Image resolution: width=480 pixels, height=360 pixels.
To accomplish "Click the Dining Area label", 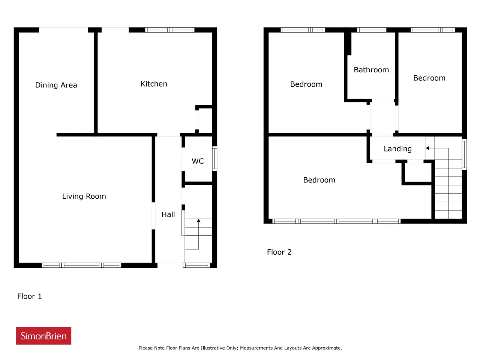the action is [x=56, y=85].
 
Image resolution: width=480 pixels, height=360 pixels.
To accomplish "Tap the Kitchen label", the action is [x=153, y=84].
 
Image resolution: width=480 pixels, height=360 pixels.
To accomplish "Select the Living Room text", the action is [x=84, y=196].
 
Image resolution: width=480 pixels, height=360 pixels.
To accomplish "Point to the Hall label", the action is [x=168, y=214].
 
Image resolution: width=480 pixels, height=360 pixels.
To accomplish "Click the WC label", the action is [x=198, y=161].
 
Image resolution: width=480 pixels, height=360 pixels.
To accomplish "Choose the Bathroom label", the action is [x=371, y=70].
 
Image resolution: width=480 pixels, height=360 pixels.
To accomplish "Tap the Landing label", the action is [x=397, y=148].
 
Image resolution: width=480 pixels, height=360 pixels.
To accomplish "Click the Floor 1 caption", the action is [x=29, y=296].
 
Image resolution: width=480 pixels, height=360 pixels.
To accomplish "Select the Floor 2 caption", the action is [x=279, y=252].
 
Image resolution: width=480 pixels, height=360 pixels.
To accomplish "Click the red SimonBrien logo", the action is [x=43, y=336].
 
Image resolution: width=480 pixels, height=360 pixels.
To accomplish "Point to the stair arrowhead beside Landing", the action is [x=427, y=148].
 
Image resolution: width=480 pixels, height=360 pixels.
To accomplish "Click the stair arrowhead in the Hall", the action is [x=198, y=220].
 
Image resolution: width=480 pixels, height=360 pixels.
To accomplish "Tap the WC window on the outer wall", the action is [x=214, y=159].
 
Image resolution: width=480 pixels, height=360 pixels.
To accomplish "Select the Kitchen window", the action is [x=170, y=30].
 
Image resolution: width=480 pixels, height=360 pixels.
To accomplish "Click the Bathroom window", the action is [x=372, y=30].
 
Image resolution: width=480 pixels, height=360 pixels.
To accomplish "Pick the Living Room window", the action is [x=81, y=265].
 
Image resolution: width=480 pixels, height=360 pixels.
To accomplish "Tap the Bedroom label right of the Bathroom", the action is [x=429, y=78].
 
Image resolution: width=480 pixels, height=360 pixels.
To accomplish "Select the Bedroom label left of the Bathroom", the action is [x=306, y=84].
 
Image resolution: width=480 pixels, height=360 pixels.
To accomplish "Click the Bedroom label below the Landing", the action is [x=319, y=180].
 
